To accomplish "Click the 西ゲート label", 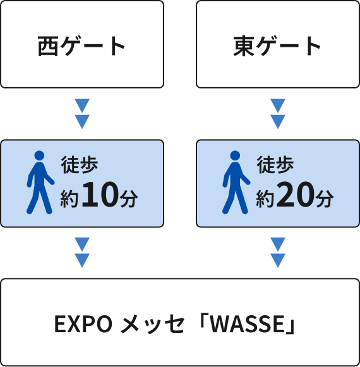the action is coord(81,46).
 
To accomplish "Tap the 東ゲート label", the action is coord(277,46).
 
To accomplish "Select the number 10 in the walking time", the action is coord(100,195).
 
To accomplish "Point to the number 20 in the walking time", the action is coord(295,195).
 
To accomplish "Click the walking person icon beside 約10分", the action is coord(40,183).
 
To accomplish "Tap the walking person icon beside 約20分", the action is coord(236,183).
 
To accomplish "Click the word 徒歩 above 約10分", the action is coord(80,165).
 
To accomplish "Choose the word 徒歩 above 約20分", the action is coord(275,165).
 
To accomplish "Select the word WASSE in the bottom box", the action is coord(247,324).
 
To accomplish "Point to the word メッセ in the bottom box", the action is coord(152,325).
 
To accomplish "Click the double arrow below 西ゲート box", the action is coord(82,114).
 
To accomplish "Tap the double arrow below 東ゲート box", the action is coord(278,114).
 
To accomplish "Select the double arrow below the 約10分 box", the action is coord(82,253).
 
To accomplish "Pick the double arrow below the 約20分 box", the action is coord(278,253).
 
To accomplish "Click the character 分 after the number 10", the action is coord(129,198).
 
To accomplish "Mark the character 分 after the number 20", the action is coord(325,198).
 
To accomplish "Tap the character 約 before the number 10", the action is coord(69,198).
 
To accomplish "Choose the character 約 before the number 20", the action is coord(265,198).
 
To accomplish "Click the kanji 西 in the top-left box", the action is coord(48,46).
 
